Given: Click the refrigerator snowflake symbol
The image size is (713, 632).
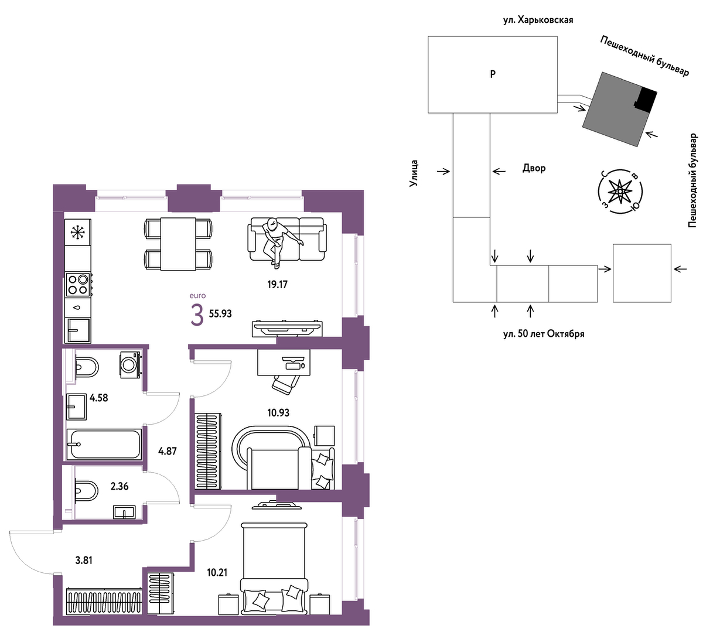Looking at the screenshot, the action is click(77, 233).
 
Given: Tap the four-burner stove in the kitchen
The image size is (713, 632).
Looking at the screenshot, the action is click(79, 285).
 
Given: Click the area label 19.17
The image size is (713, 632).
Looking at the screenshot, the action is click(277, 284).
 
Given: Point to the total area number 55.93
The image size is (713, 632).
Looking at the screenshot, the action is click(220, 313).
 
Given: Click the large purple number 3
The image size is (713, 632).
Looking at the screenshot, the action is click(197, 315).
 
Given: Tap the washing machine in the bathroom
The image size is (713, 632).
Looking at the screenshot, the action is click(131, 365).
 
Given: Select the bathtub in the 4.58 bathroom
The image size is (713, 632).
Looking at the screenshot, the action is click(104, 445).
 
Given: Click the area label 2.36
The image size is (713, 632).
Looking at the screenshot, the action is click(120, 487).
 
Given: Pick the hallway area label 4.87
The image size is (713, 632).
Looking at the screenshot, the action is click(167, 451).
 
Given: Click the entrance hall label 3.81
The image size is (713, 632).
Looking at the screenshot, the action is click(84, 560).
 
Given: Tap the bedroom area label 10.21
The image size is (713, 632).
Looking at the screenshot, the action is click(217, 572).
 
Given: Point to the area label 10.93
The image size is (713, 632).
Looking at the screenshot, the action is click(278, 412).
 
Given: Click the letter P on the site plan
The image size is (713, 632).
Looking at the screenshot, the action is click(493, 74).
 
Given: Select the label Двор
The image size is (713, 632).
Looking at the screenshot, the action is click(534, 168).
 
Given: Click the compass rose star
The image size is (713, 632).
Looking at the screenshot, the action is click(619, 192).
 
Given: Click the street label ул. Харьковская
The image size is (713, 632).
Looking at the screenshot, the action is click(538, 20).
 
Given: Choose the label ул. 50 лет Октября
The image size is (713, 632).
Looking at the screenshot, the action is click(544, 334).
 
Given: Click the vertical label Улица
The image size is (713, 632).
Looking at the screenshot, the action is click(414, 173).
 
